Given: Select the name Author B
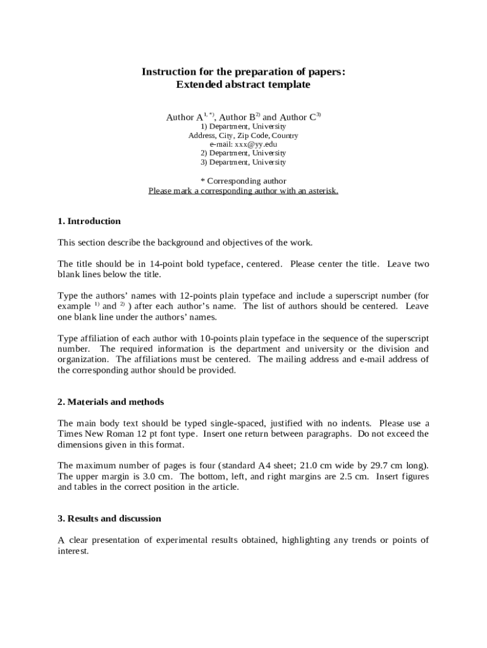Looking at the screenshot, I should tap(237, 118).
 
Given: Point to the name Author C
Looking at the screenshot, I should tap(298, 118).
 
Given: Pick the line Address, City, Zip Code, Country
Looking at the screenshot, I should tap(244, 135).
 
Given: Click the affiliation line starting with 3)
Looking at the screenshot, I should tap(244, 162).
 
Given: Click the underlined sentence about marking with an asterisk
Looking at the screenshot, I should tap(244, 190).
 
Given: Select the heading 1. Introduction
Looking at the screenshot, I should tap(89, 221).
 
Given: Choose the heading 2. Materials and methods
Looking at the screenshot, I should tap(111, 402).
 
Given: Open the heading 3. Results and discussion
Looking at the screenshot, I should tap(109, 518).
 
